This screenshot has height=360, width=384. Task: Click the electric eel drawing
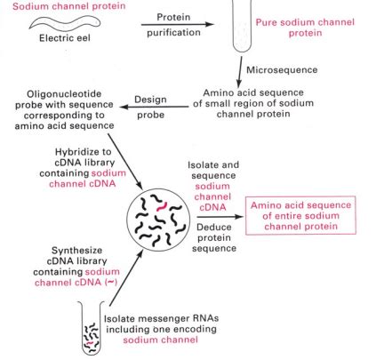(61, 21)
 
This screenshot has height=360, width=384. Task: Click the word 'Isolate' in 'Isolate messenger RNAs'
(122, 317)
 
